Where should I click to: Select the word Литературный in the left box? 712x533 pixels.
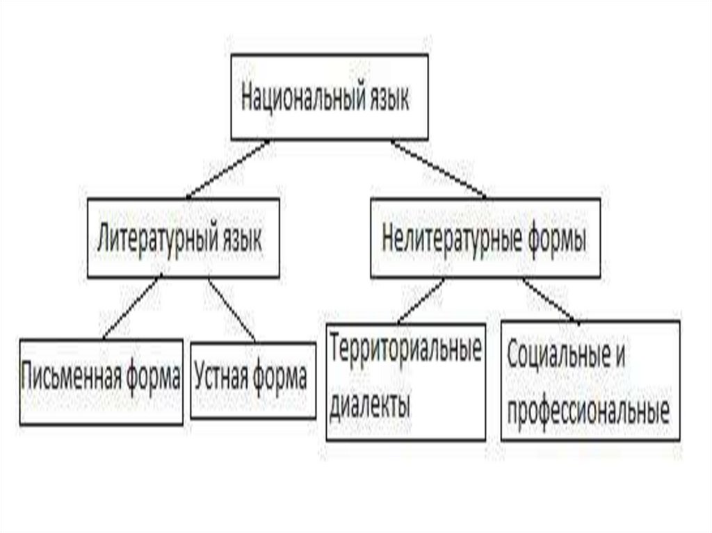[154, 240]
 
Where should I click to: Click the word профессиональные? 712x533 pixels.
[588, 411]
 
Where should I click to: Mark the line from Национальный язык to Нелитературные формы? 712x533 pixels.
[437, 169]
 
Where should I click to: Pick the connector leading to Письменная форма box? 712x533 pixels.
[131, 306]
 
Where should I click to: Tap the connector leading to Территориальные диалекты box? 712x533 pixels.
[419, 301]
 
